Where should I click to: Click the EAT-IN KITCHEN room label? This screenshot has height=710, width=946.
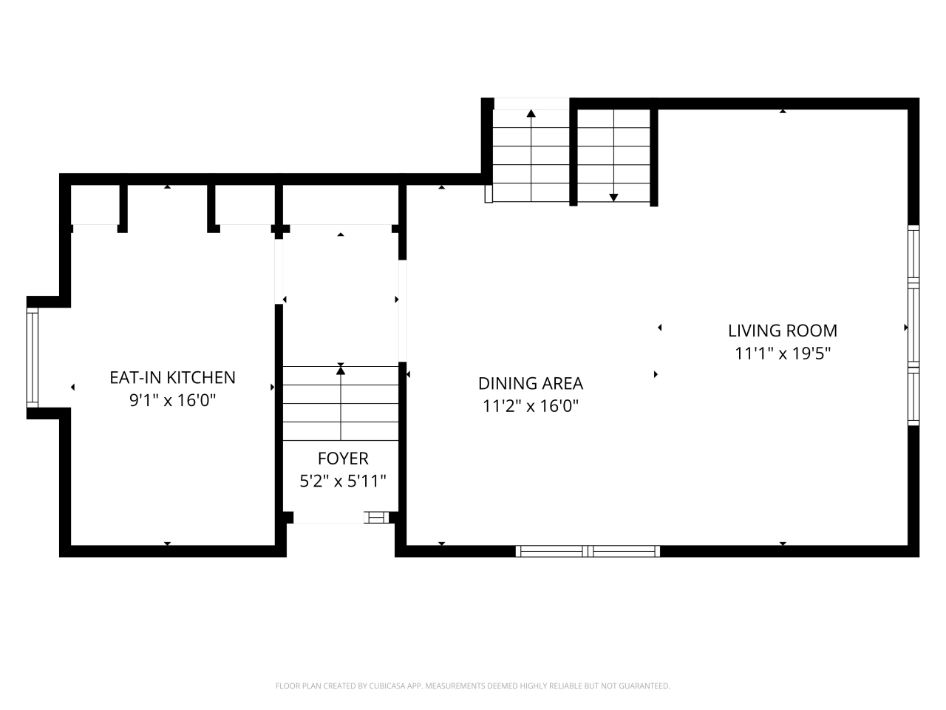coord(172,378)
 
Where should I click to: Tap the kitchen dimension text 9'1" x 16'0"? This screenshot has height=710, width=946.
coord(172,401)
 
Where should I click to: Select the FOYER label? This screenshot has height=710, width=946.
coord(343,459)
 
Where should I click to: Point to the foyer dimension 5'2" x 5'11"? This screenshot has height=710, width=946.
coord(343,481)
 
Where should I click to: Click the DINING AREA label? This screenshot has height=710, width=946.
coord(530,383)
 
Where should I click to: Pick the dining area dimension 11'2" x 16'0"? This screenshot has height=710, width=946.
coord(530,406)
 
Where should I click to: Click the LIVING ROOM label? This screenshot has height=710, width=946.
coord(783,331)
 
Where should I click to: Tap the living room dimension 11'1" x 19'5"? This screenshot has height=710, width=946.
coord(783,354)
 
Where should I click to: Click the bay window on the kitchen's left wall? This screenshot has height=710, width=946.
coord(32,358)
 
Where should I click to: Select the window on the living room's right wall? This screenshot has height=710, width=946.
coord(913,325)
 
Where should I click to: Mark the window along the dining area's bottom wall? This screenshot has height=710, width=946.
coord(588,550)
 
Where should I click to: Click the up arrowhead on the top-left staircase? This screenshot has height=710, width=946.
coord(531,114)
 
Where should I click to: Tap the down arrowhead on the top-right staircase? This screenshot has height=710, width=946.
coord(613,197)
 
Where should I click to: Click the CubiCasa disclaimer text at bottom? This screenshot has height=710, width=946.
coord(472,686)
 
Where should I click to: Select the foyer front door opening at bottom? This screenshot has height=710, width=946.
coord(329,518)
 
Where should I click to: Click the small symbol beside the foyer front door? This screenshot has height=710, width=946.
coord(376,517)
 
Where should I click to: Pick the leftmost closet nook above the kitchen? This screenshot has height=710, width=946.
coord(95,205)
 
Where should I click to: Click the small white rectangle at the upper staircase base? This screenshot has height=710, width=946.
coord(488,193)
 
